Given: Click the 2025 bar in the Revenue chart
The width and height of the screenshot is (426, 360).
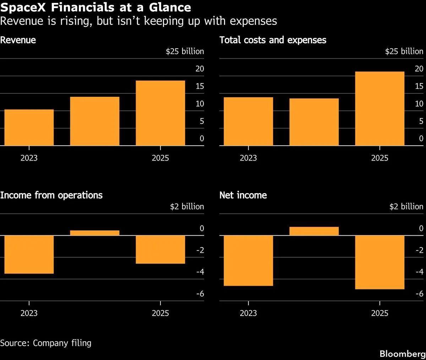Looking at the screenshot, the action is coord(160,113).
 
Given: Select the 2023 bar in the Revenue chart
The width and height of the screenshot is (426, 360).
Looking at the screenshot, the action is coord(29,127).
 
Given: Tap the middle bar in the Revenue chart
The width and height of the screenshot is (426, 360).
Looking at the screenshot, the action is coord(95,121).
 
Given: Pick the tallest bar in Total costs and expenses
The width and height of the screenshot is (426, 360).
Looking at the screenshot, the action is coord(380,108).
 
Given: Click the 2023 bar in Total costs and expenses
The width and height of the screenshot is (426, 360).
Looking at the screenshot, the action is coord(248,121).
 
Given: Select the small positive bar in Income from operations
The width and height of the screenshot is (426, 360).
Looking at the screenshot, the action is coord(95,233).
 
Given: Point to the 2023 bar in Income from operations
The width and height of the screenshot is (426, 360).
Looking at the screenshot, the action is coord(29,255).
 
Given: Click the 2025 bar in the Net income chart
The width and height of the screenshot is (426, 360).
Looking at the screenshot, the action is coord(380,262).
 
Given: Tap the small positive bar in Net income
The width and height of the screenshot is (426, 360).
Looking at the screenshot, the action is coord(314,231).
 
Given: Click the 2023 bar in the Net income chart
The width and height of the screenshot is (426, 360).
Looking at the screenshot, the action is coord(248,261).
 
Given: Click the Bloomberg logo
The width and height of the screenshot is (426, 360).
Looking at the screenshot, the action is coord(403,354).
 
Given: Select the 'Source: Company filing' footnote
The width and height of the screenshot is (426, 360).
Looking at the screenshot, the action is coord(46,343).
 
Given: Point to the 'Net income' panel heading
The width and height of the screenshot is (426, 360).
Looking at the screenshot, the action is coord(243,195).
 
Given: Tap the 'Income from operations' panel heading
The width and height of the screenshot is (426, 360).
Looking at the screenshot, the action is coord(51,195).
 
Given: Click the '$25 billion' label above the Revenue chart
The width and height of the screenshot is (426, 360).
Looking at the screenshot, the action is coord(185,51).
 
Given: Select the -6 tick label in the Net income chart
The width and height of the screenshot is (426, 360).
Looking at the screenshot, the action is coord(420,294).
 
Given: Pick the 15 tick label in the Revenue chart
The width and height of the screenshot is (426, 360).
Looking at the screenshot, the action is coord(200,86).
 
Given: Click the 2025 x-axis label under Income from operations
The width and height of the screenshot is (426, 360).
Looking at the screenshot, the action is coord(160,313).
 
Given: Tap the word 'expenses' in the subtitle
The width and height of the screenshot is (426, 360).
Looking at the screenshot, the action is coord(253,21).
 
